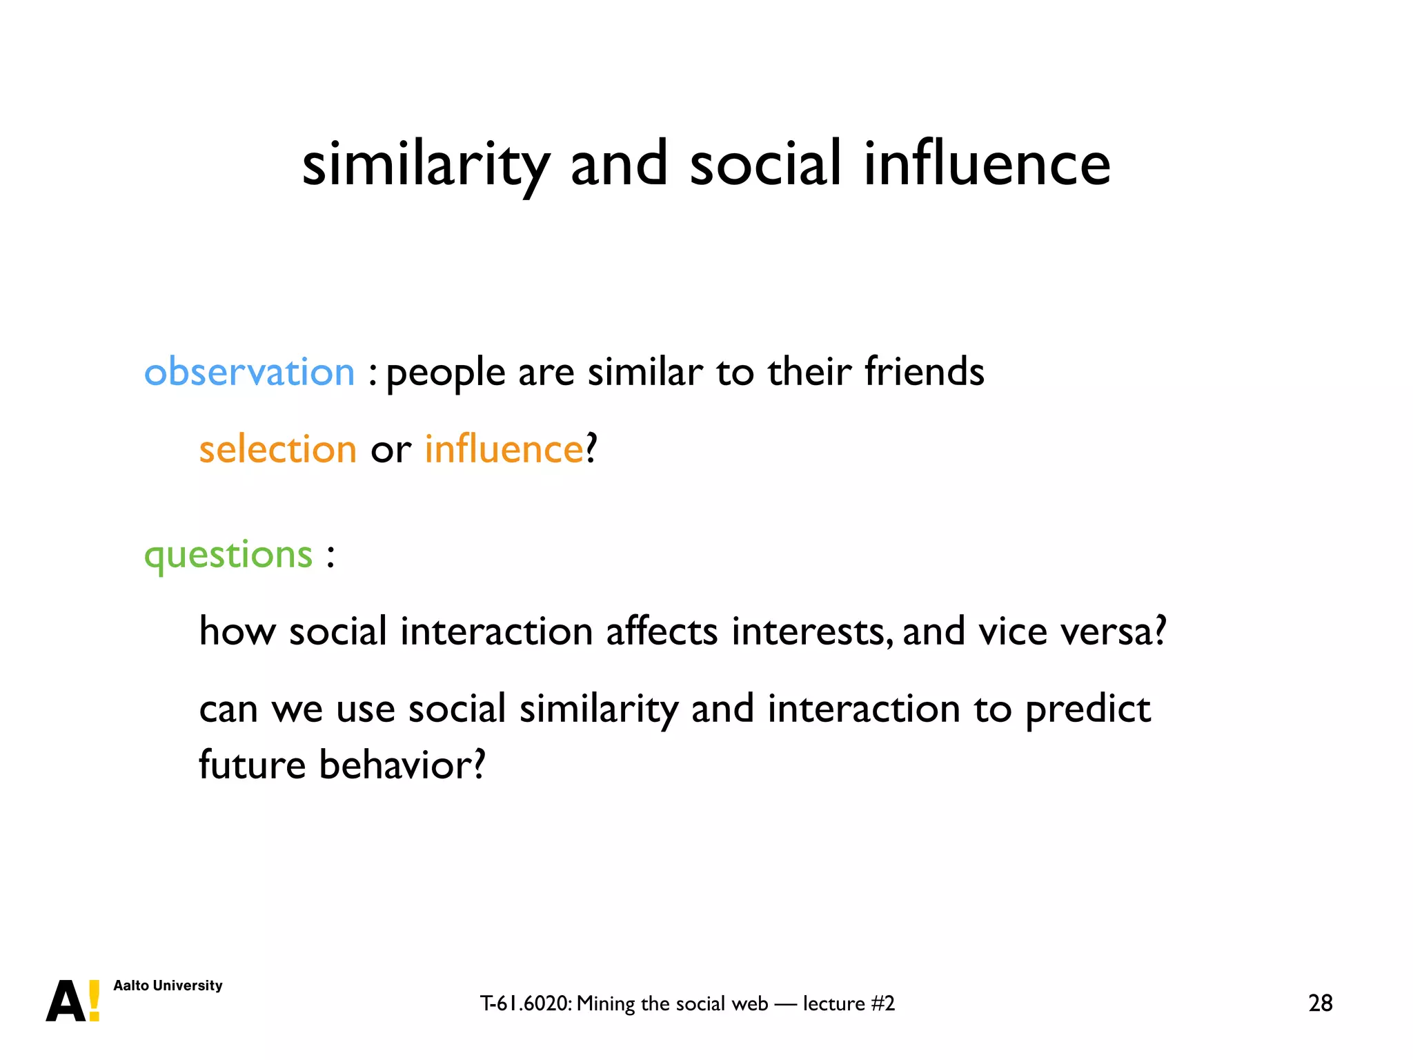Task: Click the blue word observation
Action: (249, 372)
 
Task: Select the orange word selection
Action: (277, 449)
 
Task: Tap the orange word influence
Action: (504, 449)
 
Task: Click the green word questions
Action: (228, 555)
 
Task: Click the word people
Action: (446, 373)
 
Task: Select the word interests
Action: (809, 631)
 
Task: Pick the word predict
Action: (1087, 709)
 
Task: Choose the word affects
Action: (662, 631)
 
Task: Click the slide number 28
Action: (1320, 1003)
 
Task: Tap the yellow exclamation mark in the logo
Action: (95, 1000)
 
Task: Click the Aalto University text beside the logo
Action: (168, 985)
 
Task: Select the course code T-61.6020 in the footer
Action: (526, 1003)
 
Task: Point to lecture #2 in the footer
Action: (849, 1003)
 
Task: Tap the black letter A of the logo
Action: (66, 1001)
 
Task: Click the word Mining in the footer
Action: (606, 1003)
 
